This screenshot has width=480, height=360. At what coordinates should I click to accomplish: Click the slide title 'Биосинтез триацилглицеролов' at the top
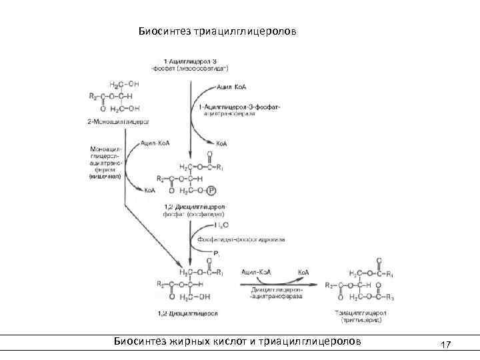217,31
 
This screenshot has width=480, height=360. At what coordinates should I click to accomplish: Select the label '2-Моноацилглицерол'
117,122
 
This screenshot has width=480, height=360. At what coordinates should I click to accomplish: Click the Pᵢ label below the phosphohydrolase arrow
216,253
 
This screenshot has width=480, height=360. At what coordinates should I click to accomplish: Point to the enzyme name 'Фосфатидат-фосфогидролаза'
241,238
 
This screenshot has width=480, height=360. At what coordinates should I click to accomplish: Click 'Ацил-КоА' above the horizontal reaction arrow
255,272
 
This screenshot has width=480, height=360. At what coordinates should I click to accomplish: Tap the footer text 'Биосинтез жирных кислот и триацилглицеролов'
237,341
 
